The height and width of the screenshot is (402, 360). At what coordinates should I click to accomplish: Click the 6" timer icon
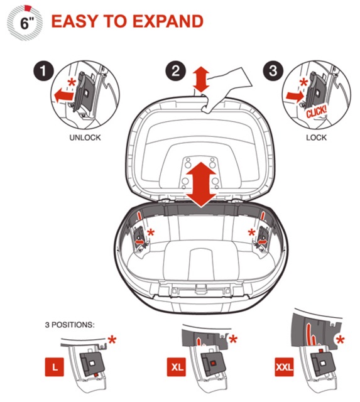[x=25, y=23]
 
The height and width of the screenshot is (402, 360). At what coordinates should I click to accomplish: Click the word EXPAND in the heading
[x=168, y=21]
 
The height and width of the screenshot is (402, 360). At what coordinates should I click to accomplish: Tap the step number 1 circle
[x=43, y=71]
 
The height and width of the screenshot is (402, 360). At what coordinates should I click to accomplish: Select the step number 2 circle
[x=175, y=70]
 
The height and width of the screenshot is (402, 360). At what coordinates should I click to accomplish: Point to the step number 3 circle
[x=273, y=70]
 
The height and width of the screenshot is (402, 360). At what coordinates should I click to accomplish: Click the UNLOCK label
[x=85, y=138]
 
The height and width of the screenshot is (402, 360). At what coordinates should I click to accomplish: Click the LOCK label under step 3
[x=317, y=138]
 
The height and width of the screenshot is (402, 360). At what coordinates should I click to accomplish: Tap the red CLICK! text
[x=316, y=112]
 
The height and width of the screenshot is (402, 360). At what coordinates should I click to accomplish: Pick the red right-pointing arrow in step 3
[x=295, y=97]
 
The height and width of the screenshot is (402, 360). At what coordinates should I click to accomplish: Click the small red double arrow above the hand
[x=202, y=79]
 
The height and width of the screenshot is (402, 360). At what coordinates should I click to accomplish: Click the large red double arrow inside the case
[x=201, y=184]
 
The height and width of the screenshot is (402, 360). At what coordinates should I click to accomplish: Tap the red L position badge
[x=55, y=367]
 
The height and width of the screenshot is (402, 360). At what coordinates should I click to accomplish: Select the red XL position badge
[x=177, y=367]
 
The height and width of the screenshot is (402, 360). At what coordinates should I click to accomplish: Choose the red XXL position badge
[x=284, y=367]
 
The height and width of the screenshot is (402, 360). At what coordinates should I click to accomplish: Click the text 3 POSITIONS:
[x=70, y=325]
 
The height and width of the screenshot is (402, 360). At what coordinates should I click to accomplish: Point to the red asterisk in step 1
[x=72, y=83]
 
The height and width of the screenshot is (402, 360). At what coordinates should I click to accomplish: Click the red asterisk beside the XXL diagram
[x=341, y=340]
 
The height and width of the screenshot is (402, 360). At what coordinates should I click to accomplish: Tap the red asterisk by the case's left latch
[x=151, y=233]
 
